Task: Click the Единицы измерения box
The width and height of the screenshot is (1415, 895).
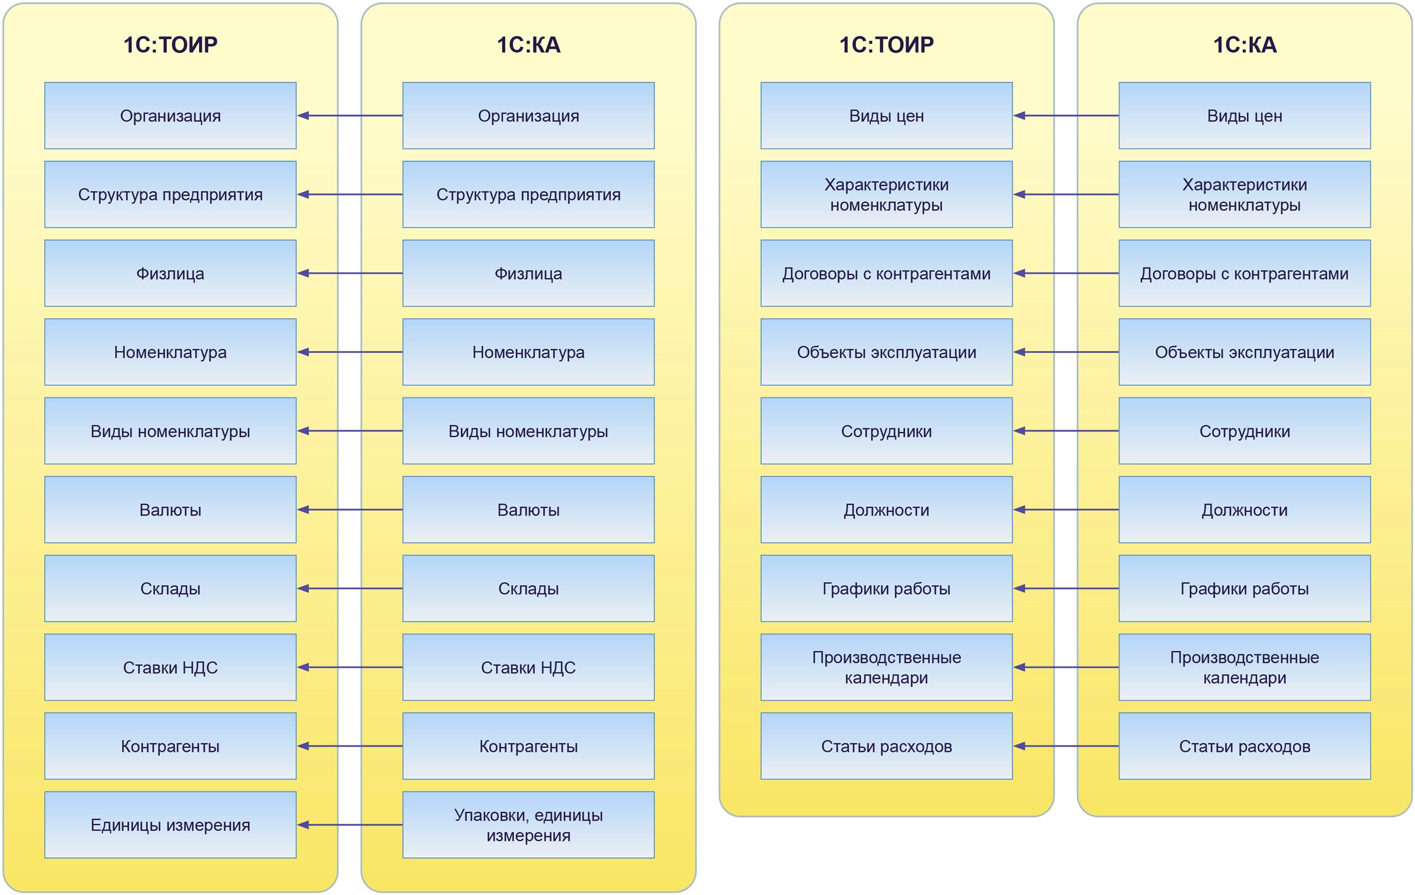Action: (x=170, y=824)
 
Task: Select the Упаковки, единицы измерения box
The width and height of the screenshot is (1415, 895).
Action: (x=528, y=824)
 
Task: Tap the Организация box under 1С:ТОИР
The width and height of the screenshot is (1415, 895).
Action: (x=170, y=115)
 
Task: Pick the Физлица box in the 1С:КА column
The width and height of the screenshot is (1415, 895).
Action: (x=528, y=273)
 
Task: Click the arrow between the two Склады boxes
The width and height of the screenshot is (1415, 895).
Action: (x=350, y=588)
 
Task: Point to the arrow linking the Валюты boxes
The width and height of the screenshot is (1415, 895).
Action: (x=350, y=510)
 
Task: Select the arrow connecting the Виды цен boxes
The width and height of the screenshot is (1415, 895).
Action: (x=1065, y=115)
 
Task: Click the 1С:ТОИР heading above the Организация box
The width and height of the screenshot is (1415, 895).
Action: (x=170, y=45)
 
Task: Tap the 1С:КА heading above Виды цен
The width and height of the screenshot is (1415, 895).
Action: (x=1244, y=45)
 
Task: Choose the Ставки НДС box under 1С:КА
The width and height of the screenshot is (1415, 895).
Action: (x=528, y=667)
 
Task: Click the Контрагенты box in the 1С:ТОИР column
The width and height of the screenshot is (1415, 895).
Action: (x=170, y=746)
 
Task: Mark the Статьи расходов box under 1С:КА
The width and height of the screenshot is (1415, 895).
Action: (x=1244, y=746)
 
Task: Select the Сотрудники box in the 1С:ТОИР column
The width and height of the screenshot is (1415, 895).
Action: (x=886, y=431)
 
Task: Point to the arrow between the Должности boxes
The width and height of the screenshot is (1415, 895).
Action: (x=1065, y=510)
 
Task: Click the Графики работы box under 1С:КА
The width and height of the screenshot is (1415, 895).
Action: (x=1244, y=588)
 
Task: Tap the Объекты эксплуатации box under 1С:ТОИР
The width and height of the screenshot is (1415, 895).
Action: (x=886, y=352)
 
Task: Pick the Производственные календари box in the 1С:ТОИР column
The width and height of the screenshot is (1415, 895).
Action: (x=886, y=667)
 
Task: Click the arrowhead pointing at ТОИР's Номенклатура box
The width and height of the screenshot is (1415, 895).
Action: (x=303, y=352)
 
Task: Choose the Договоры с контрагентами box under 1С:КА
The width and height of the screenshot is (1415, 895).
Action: (x=1244, y=273)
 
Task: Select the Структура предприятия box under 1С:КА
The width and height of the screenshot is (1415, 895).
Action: (x=528, y=194)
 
